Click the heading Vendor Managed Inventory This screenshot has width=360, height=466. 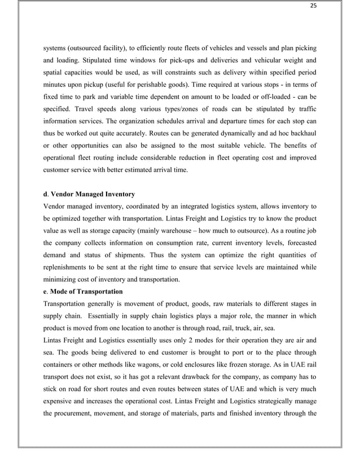[x=93, y=195]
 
